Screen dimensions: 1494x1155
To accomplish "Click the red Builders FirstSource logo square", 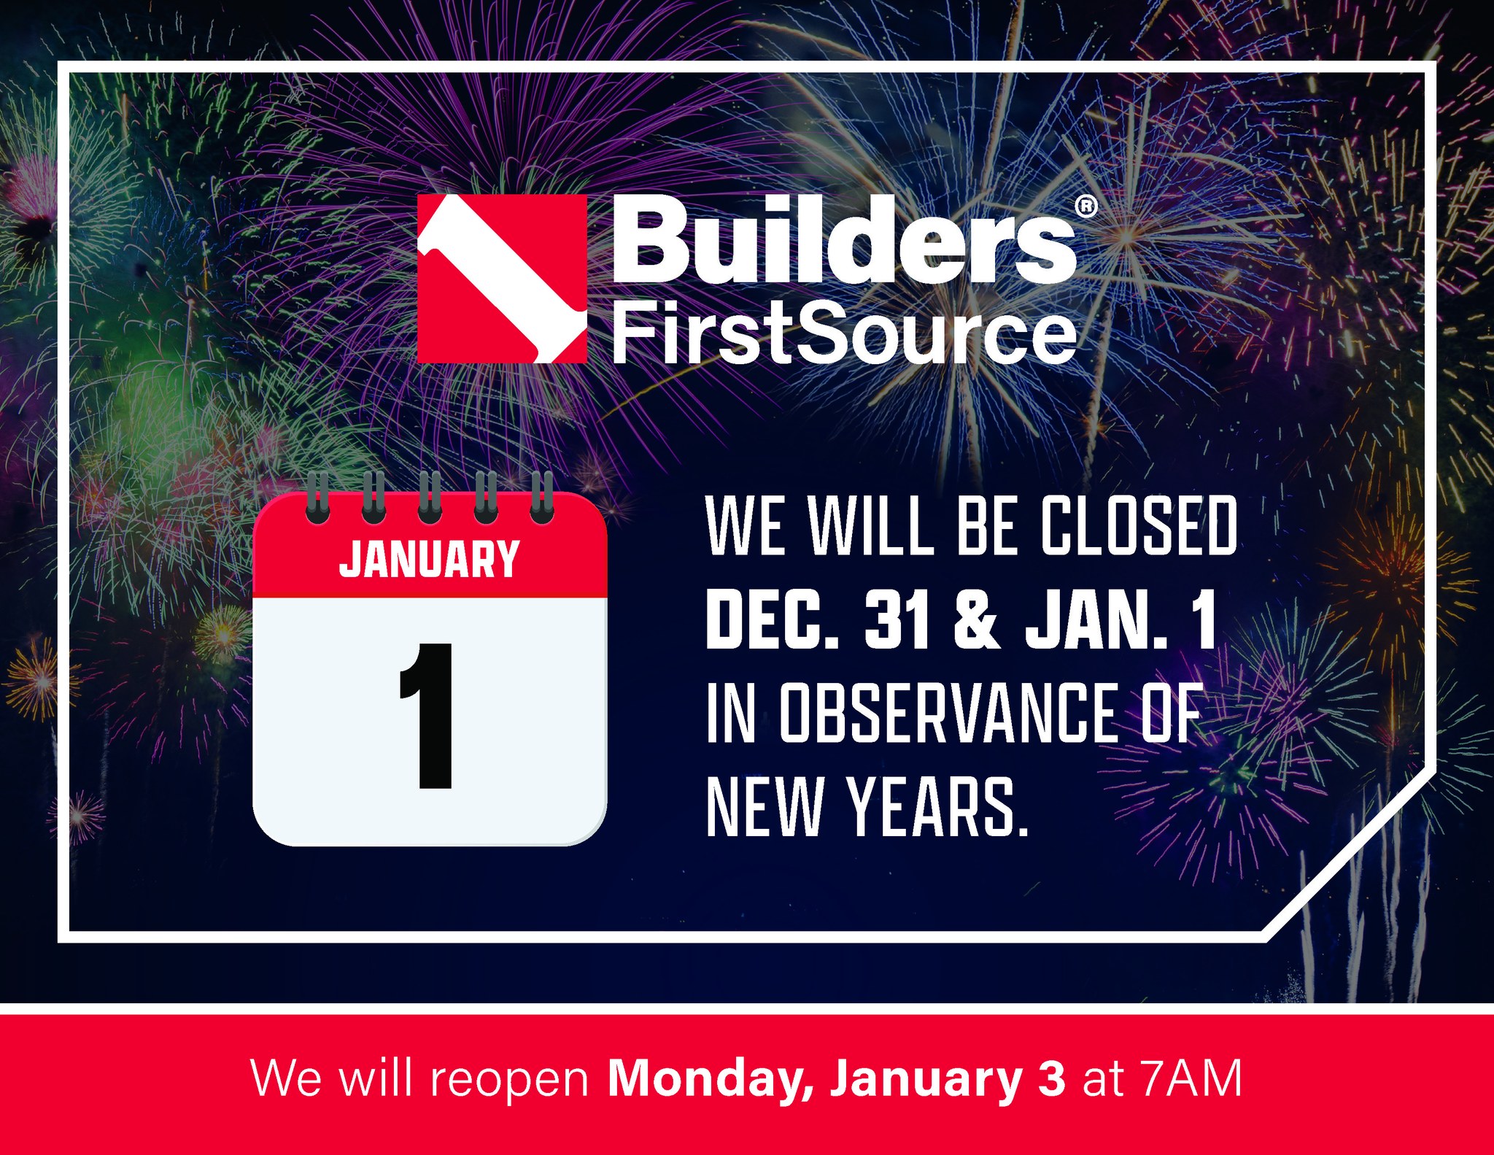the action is (x=502, y=278).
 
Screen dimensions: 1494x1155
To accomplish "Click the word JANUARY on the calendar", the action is (x=429, y=560).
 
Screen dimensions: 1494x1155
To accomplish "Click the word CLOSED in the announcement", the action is (x=1139, y=525).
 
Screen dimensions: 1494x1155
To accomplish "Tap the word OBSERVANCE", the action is (x=948, y=713).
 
